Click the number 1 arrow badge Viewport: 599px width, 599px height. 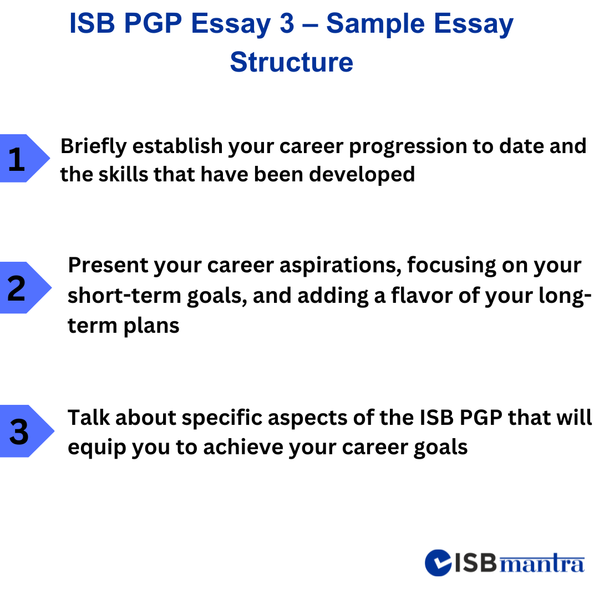(x=22, y=159)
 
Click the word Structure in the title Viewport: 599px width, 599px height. (x=291, y=62)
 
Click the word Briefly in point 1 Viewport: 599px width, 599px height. (x=94, y=146)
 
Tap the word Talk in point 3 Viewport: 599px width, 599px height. (x=88, y=418)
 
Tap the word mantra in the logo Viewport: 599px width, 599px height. (x=542, y=564)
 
